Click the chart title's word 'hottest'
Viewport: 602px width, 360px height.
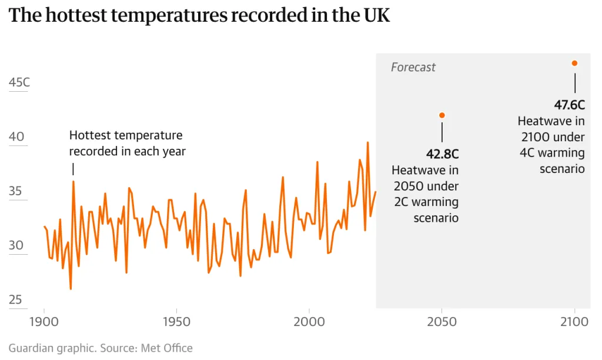[x=76, y=15]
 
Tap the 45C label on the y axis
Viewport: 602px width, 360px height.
[x=19, y=82]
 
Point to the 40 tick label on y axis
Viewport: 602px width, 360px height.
[x=16, y=136]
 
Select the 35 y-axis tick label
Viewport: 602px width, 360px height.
[x=15, y=191]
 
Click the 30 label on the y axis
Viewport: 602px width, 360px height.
[x=16, y=245]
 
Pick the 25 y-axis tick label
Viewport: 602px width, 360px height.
[x=15, y=299]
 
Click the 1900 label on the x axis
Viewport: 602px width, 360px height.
[x=44, y=322]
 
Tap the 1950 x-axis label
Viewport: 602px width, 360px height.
[x=176, y=322]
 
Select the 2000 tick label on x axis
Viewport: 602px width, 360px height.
[x=309, y=322]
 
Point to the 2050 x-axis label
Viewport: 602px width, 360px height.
[x=442, y=322]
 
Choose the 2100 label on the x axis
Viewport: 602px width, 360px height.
[x=574, y=322]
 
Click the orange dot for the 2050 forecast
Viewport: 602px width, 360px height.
[x=442, y=115]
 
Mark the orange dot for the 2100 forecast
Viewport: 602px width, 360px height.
[x=574, y=64]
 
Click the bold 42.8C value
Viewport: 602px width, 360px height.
[x=442, y=154]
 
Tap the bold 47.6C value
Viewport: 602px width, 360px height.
[x=569, y=105]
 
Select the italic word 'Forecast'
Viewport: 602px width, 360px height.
[x=413, y=67]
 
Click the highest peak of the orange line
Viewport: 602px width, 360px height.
[x=367, y=142]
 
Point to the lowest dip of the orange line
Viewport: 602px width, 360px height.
[x=71, y=289]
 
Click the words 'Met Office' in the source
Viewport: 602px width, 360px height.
[x=166, y=348]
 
